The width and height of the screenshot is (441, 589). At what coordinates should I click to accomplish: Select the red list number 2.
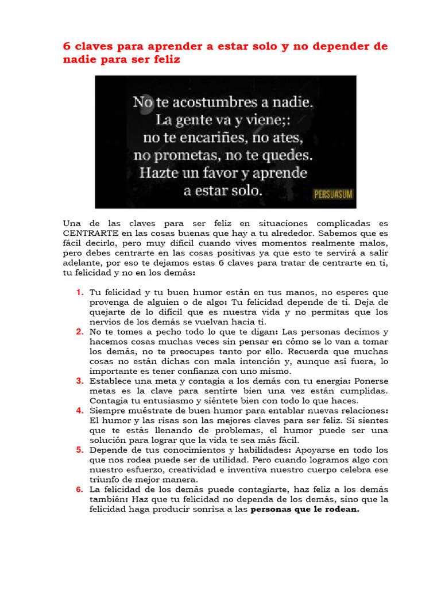tap(80, 332)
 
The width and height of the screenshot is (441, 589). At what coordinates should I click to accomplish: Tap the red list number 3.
tap(80, 381)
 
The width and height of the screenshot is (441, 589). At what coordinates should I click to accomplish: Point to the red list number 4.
tap(80, 411)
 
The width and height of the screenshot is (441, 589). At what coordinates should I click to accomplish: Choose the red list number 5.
tap(80, 450)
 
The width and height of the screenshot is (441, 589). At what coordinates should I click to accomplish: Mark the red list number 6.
tap(80, 489)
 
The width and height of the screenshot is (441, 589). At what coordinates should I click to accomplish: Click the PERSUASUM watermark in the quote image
tap(332, 194)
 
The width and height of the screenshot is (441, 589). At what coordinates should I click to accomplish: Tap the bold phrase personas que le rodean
tap(305, 509)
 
